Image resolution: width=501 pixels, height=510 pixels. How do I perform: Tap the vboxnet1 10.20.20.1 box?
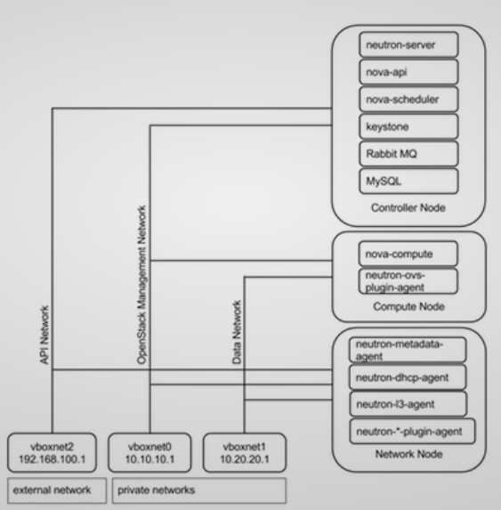point(242,449)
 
